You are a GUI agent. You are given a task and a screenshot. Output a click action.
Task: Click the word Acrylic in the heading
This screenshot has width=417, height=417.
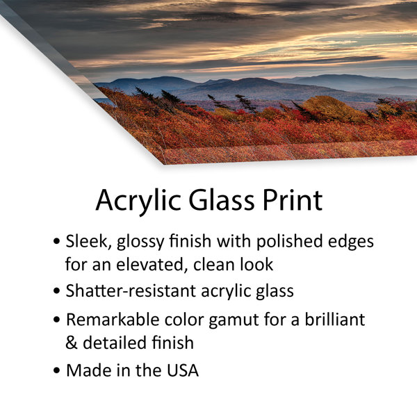coord(138,201)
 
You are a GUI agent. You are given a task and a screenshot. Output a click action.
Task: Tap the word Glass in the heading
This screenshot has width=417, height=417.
coord(221,199)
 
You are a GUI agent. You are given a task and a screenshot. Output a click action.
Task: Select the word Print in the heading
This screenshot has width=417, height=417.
coord(293,199)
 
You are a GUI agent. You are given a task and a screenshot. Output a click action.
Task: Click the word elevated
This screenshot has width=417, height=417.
coord(152,265)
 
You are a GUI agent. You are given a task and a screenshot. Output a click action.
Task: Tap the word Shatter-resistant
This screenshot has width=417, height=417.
coord(131,291)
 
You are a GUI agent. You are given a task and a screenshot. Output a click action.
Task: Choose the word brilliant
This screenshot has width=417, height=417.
coord(334,319)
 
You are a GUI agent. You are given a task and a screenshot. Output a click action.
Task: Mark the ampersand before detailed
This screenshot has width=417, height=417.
coord(72,343)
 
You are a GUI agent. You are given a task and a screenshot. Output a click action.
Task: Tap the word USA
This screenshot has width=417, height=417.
coord(183,370)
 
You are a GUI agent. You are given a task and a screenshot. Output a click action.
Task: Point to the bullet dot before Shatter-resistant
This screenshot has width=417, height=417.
coord(56,291)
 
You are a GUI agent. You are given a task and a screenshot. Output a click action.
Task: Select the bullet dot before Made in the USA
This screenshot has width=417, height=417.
coord(56,370)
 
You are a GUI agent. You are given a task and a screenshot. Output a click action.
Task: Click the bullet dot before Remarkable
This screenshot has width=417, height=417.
coord(56,320)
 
